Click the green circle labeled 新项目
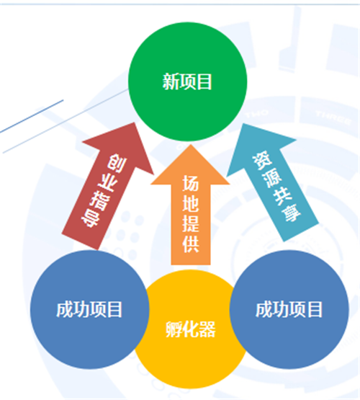(187, 81)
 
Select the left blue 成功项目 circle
(90, 309)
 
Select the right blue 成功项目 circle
(289, 309)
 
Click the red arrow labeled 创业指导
(107, 186)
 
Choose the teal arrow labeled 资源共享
(273, 182)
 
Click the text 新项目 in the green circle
(187, 81)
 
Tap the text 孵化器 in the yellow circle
(190, 329)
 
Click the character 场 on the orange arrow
(191, 183)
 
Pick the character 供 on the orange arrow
(191, 244)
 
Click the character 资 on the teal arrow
(263, 161)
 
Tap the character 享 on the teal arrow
(292, 213)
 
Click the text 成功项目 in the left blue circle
(89, 309)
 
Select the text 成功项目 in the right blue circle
(289, 309)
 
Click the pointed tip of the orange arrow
(190, 145)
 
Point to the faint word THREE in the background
(333, 117)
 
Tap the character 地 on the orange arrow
(191, 203)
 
